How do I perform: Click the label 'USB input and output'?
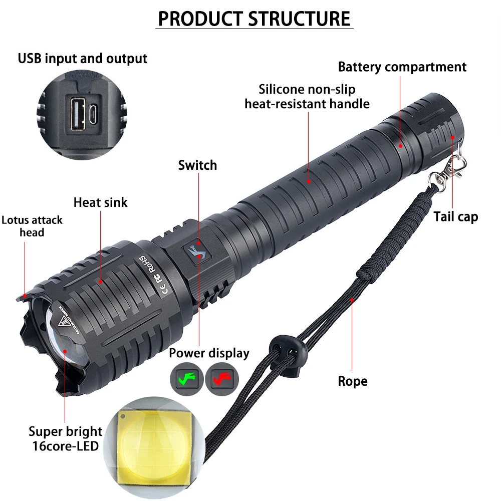pos(83,58)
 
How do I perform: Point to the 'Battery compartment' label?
pos(402,67)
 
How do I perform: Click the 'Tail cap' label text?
pos(455,216)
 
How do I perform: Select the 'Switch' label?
pos(197,165)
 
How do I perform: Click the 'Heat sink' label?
pos(100,202)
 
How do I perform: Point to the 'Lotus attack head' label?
pos(32,226)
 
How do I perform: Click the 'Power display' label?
pos(208,353)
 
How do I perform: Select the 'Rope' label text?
pos(352,381)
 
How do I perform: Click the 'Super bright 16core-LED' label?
pos(65,438)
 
